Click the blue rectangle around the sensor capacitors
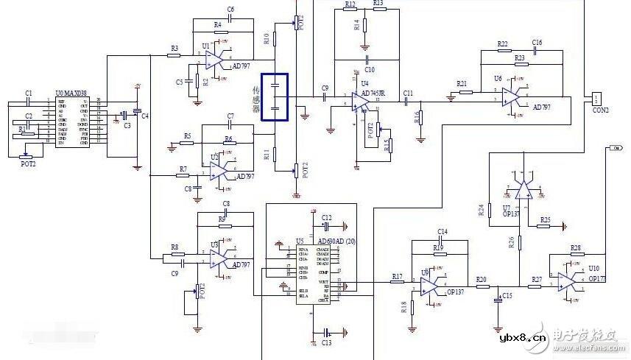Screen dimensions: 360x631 [x=275, y=96]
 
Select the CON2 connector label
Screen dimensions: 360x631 [x=601, y=110]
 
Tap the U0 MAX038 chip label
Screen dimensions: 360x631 [x=71, y=93]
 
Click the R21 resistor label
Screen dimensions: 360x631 [x=462, y=83]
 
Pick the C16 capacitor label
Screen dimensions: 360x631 [x=537, y=43]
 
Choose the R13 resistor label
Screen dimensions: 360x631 [x=378, y=4]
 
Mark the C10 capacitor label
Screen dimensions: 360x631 [x=369, y=68]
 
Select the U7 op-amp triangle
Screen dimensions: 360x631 [x=524, y=191]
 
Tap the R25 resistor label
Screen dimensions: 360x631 [x=545, y=219]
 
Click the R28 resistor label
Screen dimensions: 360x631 [x=575, y=247]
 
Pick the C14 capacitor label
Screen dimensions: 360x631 [x=443, y=232]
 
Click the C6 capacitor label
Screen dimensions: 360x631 [x=230, y=10]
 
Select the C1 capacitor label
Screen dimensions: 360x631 [x=29, y=93]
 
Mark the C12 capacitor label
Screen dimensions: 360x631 [x=327, y=217]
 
